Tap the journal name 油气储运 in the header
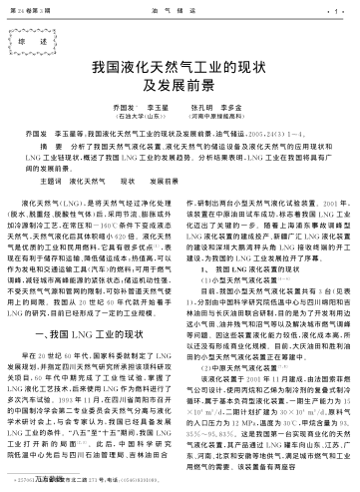[x=180, y=7]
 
